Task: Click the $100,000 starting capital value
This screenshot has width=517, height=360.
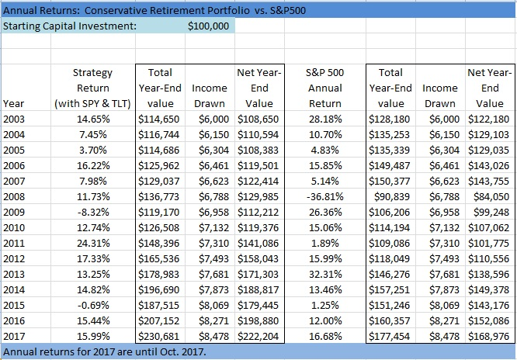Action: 209,26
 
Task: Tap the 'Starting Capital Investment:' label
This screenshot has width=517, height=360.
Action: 71,26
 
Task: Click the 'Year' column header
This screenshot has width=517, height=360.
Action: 13,103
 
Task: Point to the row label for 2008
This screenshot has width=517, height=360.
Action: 14,196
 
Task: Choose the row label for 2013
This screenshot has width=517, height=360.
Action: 14,274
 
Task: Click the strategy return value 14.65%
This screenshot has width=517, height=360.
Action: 93,119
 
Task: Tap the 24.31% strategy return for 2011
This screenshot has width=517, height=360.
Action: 93,243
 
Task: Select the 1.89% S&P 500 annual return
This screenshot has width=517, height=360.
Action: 327,243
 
